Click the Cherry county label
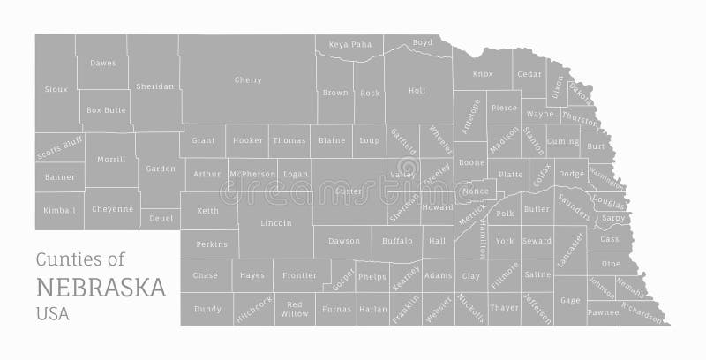pos(248,80)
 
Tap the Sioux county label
pos(56,89)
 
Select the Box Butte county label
pos(107,110)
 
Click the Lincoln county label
pos(276,223)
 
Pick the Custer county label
pos(349,191)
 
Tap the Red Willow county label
pos(295,309)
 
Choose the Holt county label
pos(417,90)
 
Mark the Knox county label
pos(483,74)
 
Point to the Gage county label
pos(570,301)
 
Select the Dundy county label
pos(207,309)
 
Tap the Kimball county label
pos(59,211)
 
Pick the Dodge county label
pos(571,174)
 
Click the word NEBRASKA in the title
pos(101,288)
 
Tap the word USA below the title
pos(52,312)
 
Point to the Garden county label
pos(161,169)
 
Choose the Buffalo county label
pos(397,241)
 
